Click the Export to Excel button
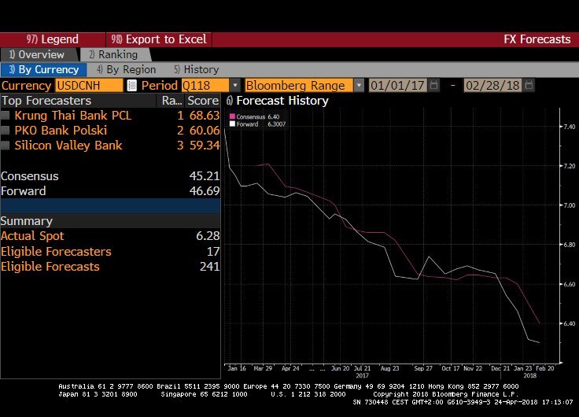pyautogui.click(x=158, y=39)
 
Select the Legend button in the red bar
pyautogui.click(x=53, y=39)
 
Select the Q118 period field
pyautogui.click(x=205, y=85)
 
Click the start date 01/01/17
pyautogui.click(x=399, y=85)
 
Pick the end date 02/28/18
pyautogui.click(x=492, y=85)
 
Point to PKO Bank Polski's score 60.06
pyautogui.click(x=203, y=130)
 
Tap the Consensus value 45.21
pyautogui.click(x=203, y=175)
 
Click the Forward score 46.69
pyautogui.click(x=203, y=190)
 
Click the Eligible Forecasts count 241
pyautogui.click(x=209, y=266)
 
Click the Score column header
pyautogui.click(x=202, y=100)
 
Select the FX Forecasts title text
pyautogui.click(x=537, y=39)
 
